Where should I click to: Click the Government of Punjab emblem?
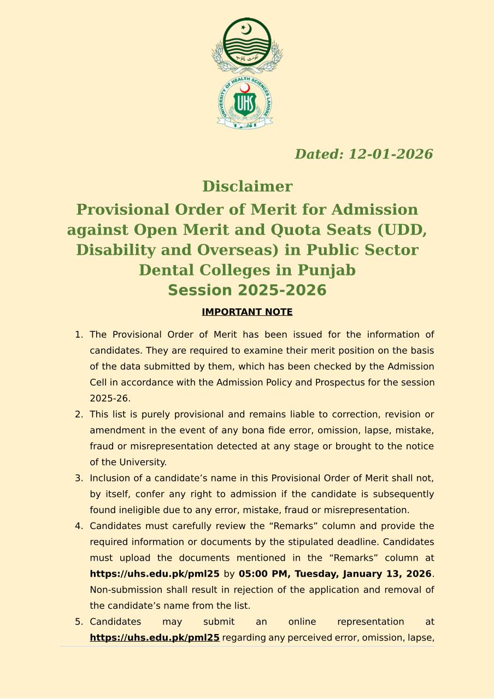point(247,46)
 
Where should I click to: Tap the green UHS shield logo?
point(244,103)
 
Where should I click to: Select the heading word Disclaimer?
point(247,186)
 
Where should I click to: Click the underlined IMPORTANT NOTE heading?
point(247,312)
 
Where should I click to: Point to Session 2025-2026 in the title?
point(247,290)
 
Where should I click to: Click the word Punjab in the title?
point(326,270)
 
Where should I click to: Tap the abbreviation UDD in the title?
point(402,230)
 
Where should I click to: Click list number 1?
point(79,334)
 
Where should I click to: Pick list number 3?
point(79,478)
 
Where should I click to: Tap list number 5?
point(79,622)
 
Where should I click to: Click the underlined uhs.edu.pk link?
point(155,637)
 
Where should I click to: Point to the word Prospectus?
point(340,383)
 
